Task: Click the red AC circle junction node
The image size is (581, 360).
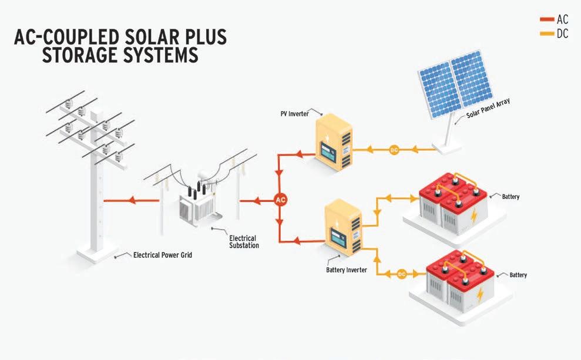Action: pos(281,200)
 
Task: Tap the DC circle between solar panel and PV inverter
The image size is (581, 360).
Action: pos(394,150)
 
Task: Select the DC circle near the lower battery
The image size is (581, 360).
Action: pos(402,274)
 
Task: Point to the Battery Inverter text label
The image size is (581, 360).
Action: pos(347,270)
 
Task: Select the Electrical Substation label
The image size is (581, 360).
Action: pos(244,241)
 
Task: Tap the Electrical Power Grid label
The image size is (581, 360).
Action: pos(163,255)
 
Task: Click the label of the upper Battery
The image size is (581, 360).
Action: pos(510,197)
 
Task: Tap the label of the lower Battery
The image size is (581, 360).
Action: pos(518,275)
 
